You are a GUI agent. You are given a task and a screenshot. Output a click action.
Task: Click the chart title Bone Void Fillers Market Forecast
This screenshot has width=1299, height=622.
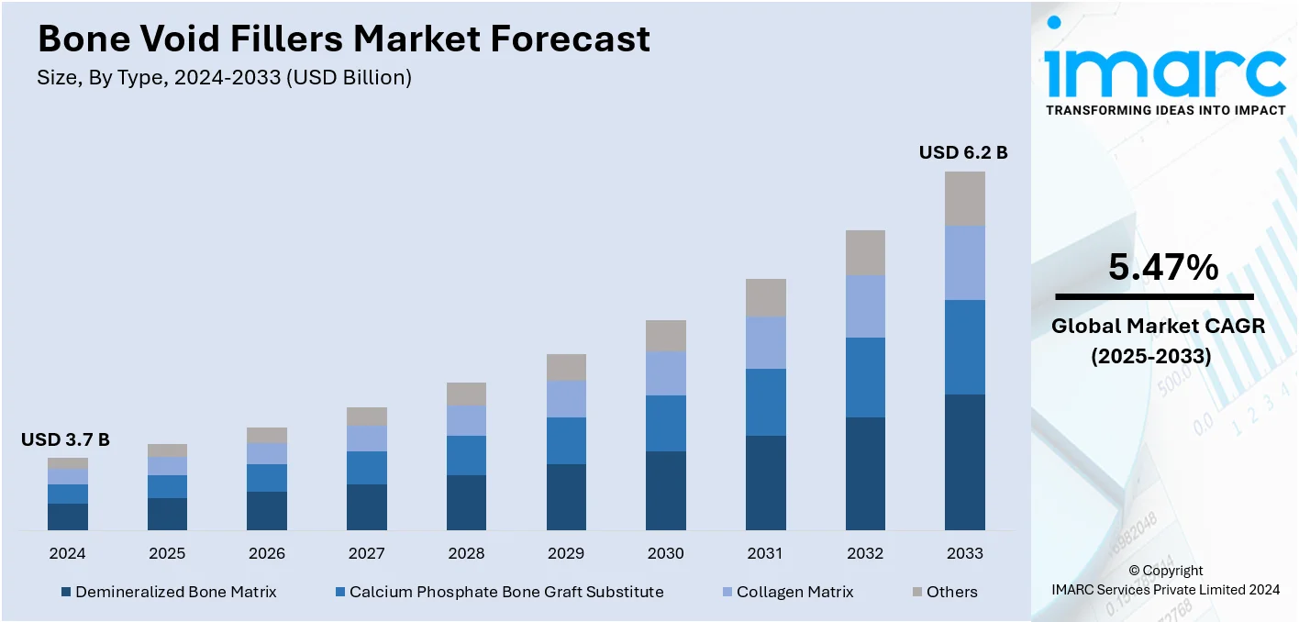[343, 39]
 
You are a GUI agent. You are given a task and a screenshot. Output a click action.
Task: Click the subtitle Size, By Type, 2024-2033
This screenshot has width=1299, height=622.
[224, 78]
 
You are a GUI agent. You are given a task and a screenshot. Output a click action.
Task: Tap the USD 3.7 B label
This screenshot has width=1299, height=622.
[65, 440]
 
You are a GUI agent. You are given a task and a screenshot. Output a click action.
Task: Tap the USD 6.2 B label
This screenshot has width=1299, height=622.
[963, 152]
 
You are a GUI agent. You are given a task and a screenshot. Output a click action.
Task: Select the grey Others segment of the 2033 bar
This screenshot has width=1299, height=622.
[964, 198]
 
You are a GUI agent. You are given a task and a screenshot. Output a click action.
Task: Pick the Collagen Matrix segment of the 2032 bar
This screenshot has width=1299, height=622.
[865, 305]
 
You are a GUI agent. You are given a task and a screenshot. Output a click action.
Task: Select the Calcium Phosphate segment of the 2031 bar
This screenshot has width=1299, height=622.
[765, 402]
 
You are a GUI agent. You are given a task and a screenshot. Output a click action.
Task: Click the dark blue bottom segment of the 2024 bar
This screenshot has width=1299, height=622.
[68, 516]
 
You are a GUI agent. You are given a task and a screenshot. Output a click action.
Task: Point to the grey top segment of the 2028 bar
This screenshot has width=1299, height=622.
[466, 394]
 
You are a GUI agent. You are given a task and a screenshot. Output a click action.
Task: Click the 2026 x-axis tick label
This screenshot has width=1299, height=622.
[266, 553]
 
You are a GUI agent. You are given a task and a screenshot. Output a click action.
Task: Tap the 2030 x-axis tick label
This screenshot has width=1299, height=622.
[665, 553]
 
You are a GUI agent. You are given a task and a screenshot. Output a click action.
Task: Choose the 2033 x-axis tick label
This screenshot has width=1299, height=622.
[964, 553]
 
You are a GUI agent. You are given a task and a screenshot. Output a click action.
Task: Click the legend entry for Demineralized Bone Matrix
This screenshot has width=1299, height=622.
[169, 592]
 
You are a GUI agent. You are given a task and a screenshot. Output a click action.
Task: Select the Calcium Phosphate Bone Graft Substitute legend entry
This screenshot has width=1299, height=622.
[499, 592]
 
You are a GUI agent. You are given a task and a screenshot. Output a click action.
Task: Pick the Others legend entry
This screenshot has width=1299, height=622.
[944, 592]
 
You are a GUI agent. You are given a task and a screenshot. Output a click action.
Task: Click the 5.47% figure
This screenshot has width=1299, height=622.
[1163, 268]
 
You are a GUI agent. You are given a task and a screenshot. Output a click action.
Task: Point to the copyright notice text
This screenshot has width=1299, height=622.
[1165, 580]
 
